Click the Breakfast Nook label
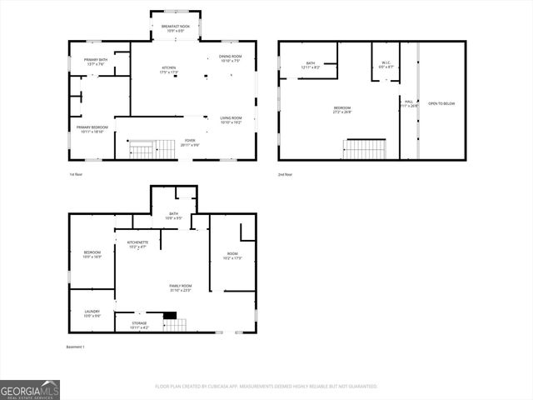click(x=175, y=28)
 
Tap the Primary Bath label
click(x=96, y=62)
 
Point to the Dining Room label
click(x=230, y=58)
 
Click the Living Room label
click(x=231, y=120)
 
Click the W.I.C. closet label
click(x=386, y=64)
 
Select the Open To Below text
click(x=441, y=103)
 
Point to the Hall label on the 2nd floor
click(x=409, y=103)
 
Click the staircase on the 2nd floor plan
click(x=364, y=149)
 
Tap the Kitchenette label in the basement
click(x=138, y=245)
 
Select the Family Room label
click(x=181, y=287)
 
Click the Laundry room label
click(x=92, y=313)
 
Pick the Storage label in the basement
click(x=139, y=325)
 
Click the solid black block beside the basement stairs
click(x=170, y=315)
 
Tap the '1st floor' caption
click(x=76, y=174)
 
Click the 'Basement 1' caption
click(x=75, y=347)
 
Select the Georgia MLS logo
click(x=30, y=389)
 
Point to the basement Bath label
click(x=174, y=216)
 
